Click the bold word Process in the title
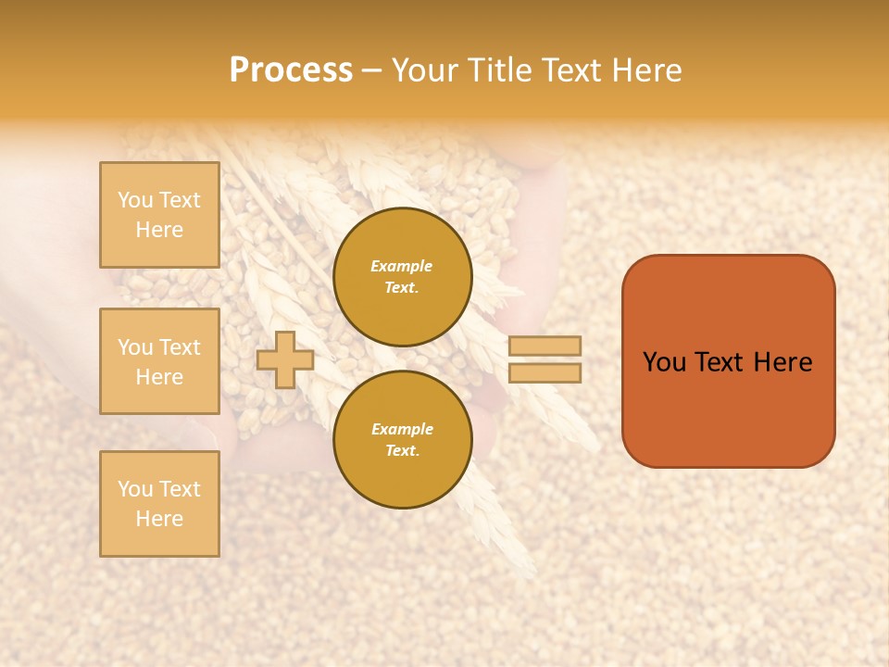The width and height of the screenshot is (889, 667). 291,70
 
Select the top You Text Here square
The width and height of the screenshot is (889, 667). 159,215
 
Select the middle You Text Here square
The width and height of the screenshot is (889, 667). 159,361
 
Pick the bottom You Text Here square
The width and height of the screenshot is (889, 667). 159,504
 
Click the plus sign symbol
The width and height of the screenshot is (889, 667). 284,359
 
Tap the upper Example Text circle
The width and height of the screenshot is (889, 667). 402,277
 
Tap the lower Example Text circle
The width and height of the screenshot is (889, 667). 402,439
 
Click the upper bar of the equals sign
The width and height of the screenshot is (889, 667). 545,346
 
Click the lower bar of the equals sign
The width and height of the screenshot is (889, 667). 545,372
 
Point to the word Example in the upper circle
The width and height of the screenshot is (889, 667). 401,266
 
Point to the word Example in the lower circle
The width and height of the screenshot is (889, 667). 401,429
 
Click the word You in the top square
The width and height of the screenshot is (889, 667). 135,200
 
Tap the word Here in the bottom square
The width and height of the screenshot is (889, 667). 159,519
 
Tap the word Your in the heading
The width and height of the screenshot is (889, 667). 424,70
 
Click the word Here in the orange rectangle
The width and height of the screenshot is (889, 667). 783,362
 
